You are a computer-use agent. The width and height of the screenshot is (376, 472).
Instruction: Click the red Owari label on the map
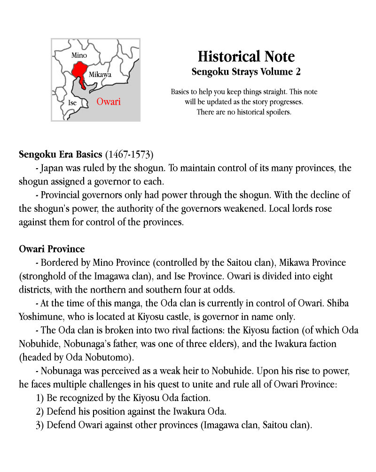(108, 102)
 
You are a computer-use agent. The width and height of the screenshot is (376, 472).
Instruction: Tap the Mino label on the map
(79, 56)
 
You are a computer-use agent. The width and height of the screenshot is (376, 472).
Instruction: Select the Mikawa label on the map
(100, 75)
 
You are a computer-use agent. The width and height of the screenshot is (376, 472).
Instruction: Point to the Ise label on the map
(72, 103)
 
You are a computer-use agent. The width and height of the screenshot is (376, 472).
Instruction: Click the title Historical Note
(246, 57)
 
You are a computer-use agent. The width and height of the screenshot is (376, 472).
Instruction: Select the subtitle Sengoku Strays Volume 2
(246, 72)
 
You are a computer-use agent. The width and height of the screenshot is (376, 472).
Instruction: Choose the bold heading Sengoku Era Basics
(61, 154)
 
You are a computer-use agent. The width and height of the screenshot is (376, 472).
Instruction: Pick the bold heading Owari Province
(52, 248)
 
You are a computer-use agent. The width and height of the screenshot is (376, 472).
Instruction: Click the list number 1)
(40, 398)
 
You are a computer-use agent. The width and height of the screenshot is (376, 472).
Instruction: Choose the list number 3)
(40, 425)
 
